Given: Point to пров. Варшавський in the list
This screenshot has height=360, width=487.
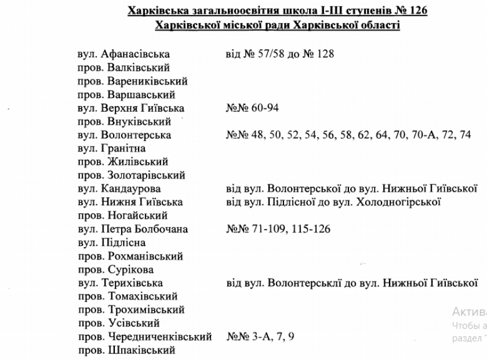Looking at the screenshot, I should tap(126, 95).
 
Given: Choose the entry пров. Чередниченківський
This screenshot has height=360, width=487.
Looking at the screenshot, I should tap(145, 336).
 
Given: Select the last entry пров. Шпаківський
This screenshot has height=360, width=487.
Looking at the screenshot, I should tap(125, 350).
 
